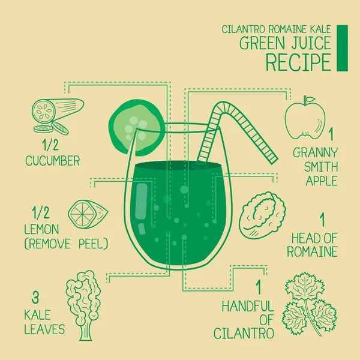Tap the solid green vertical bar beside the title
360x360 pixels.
[x=342, y=48]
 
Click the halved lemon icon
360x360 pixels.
[x=87, y=214]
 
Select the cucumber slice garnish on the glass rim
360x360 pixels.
[x=136, y=124]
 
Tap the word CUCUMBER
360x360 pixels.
[x=53, y=161]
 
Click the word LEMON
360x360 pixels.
[x=42, y=229]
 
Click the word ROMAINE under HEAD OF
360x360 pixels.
[x=312, y=251]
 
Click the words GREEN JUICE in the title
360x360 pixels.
[x=285, y=43]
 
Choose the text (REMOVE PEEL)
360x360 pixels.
[x=66, y=244]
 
